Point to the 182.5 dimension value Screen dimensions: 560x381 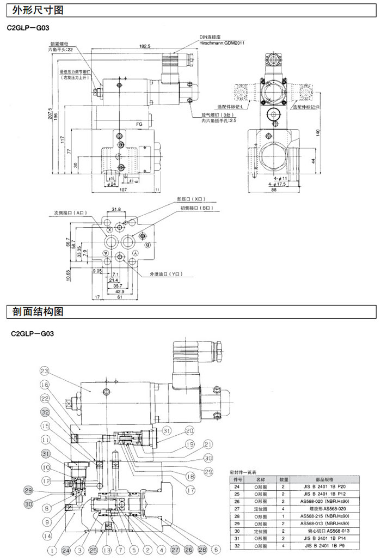144,46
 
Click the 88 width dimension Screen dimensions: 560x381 274,190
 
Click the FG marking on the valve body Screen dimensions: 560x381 139,124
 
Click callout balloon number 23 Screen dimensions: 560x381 45,372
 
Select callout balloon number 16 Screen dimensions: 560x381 45,385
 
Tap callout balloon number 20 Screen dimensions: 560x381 189,430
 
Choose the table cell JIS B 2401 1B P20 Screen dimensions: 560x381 324,487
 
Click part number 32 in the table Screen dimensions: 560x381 237,545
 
